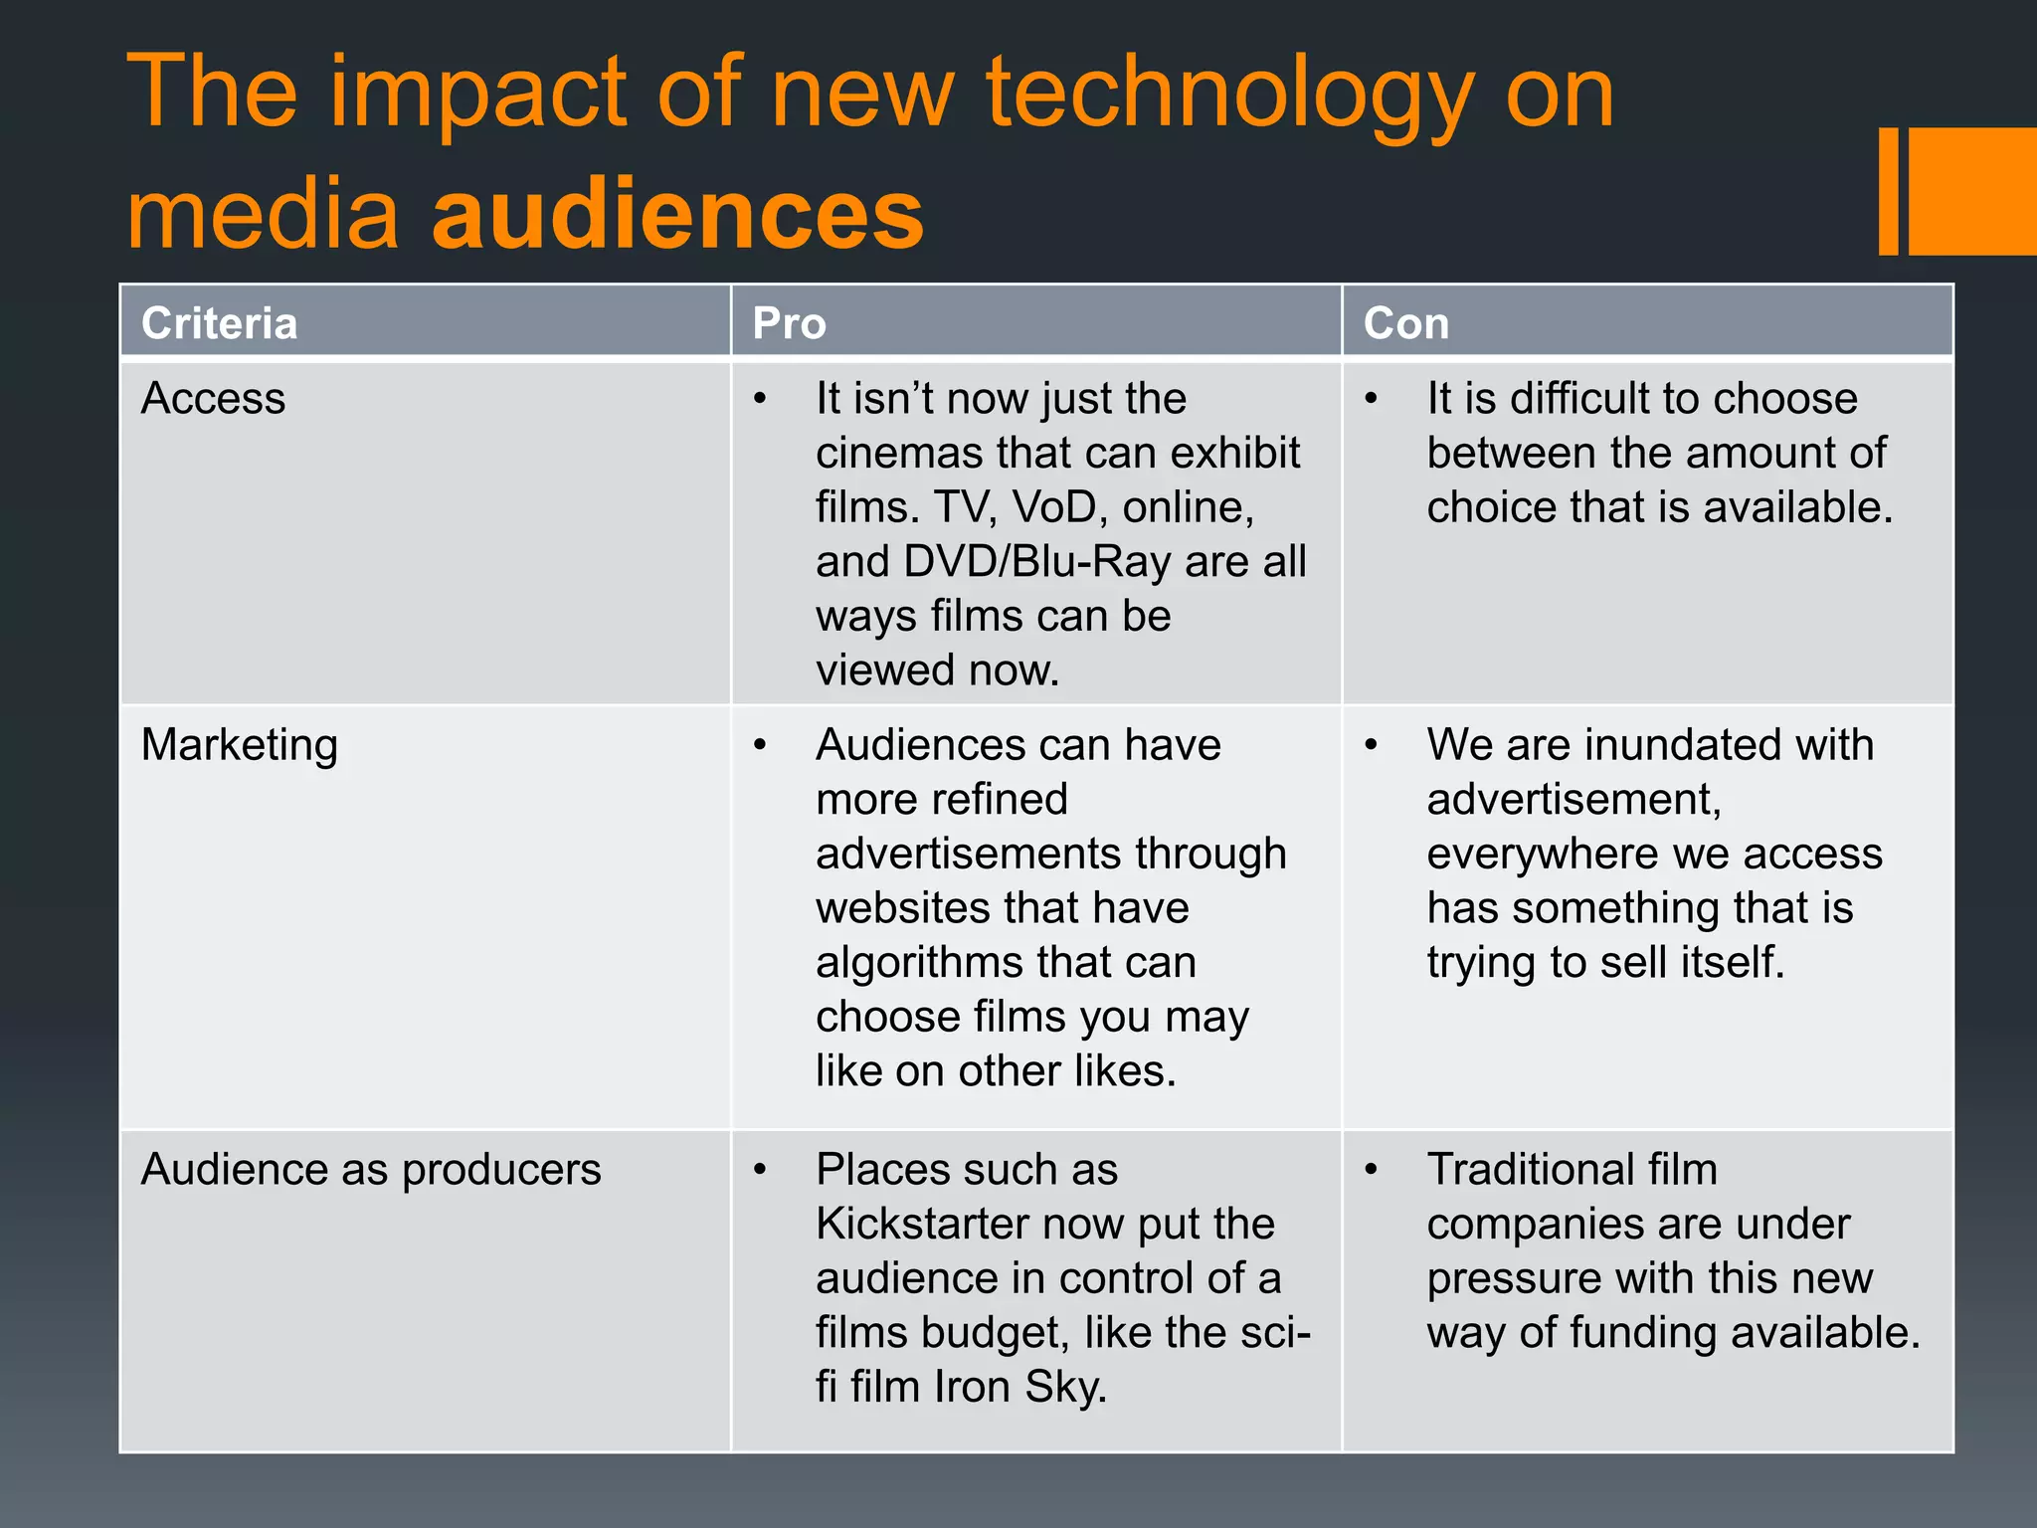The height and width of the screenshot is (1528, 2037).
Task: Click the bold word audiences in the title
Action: click(x=677, y=213)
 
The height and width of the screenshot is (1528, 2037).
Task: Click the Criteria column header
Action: click(x=219, y=323)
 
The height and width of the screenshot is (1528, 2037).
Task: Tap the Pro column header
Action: click(x=789, y=323)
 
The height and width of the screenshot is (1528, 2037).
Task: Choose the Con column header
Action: click(x=1405, y=323)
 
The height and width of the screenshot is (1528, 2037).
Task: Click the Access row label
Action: click(x=213, y=398)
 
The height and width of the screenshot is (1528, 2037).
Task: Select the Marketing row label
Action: click(x=239, y=746)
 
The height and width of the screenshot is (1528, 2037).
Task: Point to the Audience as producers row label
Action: click(x=371, y=1170)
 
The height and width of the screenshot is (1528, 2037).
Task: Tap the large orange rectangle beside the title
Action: click(x=1972, y=191)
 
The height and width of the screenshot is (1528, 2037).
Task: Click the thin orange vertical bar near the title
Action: click(x=1888, y=191)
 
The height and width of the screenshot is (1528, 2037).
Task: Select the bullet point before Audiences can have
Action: click(x=761, y=745)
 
